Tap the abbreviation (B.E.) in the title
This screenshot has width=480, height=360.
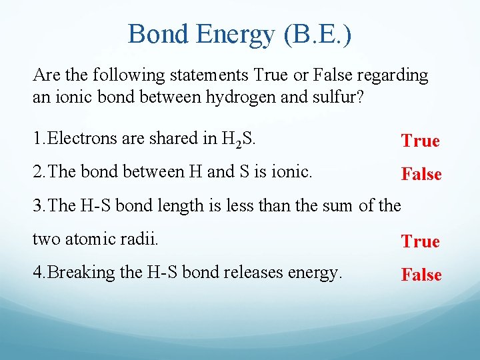tap(317, 34)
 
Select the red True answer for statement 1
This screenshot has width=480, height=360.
tap(420, 141)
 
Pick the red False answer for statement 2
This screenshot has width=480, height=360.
tap(421, 174)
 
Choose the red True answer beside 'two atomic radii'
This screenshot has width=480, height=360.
tap(420, 241)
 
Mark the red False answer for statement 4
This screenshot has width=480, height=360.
tap(421, 275)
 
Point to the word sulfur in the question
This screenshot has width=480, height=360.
tap(339, 97)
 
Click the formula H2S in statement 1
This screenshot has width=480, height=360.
tap(243, 139)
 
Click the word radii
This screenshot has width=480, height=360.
tap(142, 239)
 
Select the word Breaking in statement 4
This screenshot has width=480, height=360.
tap(78, 273)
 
